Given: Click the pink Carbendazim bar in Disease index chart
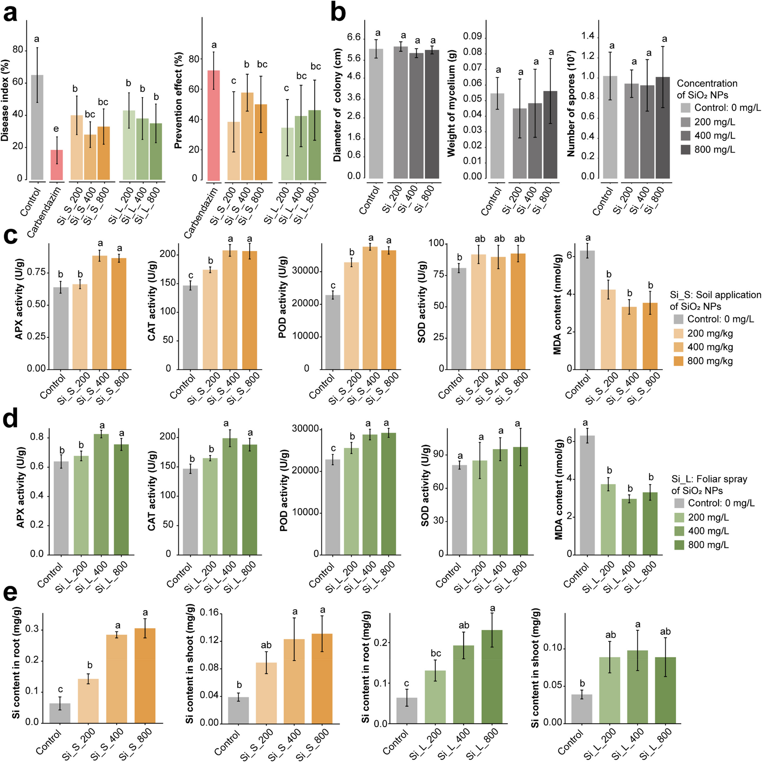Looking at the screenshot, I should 56,164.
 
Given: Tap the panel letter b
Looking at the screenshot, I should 338,13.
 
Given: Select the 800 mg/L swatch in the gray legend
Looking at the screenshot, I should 686,150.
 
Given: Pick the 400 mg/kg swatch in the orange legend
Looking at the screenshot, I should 678,347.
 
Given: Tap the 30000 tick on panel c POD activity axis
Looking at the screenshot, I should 305,271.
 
